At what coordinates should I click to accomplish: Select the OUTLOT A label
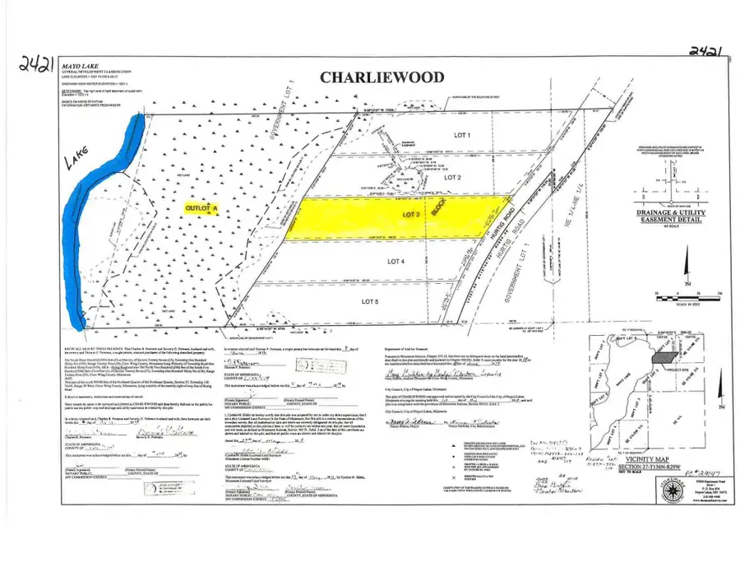point(204,210)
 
